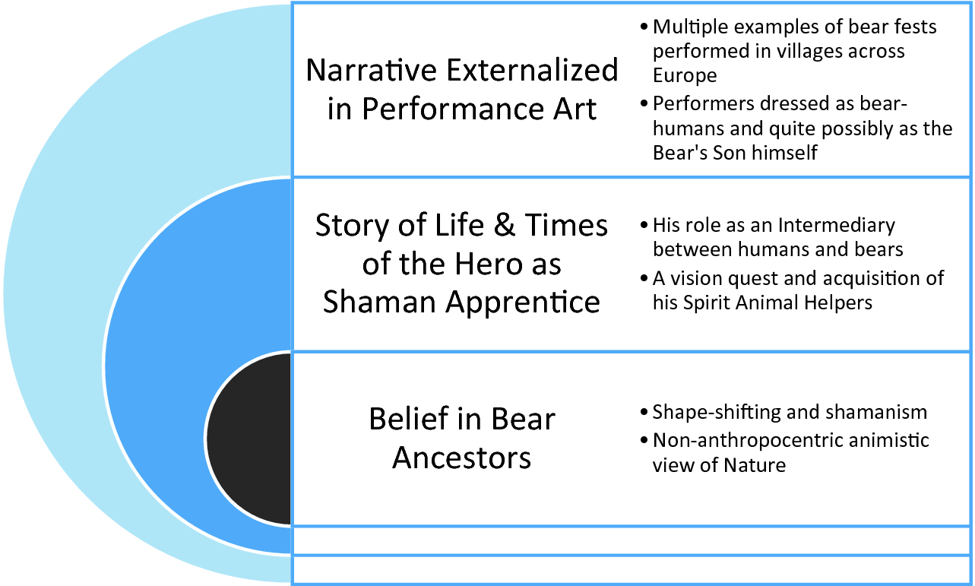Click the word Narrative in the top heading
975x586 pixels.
(x=372, y=70)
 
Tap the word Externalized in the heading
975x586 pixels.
(x=532, y=70)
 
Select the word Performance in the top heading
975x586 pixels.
(x=453, y=109)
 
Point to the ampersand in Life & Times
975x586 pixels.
(x=505, y=226)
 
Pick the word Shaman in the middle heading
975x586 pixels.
(x=379, y=303)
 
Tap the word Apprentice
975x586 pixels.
(x=523, y=303)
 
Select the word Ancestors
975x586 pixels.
(x=462, y=458)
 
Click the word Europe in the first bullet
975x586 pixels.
(x=685, y=76)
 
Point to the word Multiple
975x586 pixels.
(x=691, y=27)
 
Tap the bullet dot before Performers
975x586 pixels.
(x=644, y=104)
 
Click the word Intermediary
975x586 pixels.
(x=837, y=226)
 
